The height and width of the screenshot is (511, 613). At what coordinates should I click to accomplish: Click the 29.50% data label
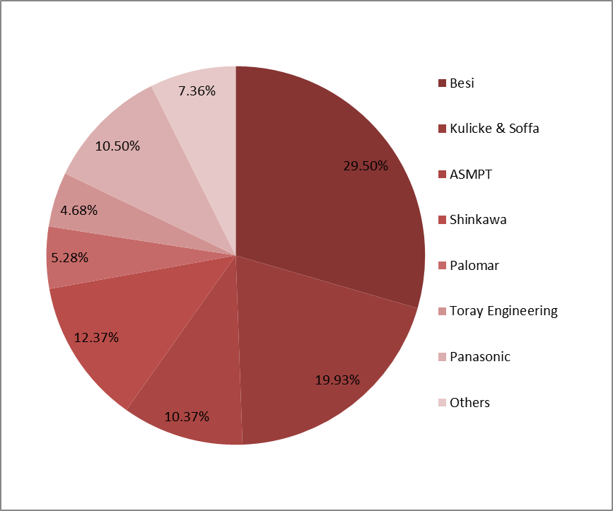click(x=366, y=166)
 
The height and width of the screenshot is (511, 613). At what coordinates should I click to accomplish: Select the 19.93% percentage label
click(x=337, y=380)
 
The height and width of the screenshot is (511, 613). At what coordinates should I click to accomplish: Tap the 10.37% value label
click(x=187, y=416)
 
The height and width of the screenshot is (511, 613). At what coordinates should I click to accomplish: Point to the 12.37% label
click(x=96, y=337)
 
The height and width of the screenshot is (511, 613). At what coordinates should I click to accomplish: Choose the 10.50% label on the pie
click(x=117, y=146)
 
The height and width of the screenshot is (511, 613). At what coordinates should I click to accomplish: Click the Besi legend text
click(x=462, y=83)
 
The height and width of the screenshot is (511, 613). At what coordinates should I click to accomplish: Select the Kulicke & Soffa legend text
click(x=494, y=129)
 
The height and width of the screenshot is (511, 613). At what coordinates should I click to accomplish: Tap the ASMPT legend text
click(x=470, y=174)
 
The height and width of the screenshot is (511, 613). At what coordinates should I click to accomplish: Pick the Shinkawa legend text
click(x=478, y=220)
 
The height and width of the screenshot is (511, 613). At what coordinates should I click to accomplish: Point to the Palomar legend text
click(x=474, y=265)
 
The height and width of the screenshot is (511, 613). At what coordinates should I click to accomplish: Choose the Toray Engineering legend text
click(x=503, y=311)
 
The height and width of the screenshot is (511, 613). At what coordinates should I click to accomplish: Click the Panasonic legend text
click(x=480, y=357)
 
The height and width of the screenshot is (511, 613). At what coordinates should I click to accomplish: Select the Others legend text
click(x=469, y=402)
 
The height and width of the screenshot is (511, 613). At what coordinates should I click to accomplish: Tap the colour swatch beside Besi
click(x=442, y=83)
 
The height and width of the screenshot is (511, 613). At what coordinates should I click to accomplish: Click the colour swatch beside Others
click(x=442, y=403)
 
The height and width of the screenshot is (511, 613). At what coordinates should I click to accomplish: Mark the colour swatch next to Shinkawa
click(x=442, y=220)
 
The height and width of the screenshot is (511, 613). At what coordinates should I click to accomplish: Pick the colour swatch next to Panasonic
click(x=442, y=357)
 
